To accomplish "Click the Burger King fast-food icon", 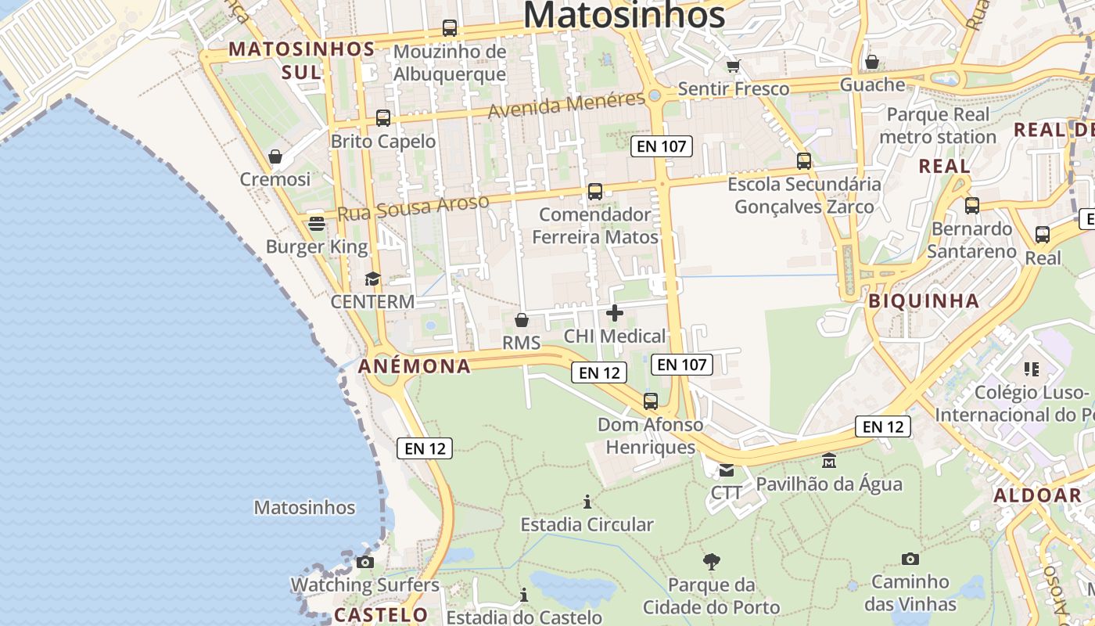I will [317, 224].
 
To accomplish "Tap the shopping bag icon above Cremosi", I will [275, 156].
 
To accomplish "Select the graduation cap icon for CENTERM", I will [372, 279].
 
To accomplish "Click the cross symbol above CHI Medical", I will [615, 313].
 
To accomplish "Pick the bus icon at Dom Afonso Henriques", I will [651, 401].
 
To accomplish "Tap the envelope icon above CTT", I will [727, 470].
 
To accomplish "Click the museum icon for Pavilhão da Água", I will [829, 461].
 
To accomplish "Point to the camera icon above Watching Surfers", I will [364, 562].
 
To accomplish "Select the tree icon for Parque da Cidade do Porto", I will [711, 561].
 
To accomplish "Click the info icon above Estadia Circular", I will [587, 501].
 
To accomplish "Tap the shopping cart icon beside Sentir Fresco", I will [733, 66].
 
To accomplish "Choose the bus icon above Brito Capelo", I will [383, 118].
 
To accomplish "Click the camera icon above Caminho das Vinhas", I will [910, 559].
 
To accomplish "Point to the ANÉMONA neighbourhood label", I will [415, 366].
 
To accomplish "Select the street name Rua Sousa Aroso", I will [414, 207].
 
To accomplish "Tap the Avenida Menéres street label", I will [567, 105].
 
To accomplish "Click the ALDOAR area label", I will [1037, 495].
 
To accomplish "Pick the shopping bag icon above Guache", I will [872, 62].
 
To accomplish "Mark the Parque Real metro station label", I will [938, 126].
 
